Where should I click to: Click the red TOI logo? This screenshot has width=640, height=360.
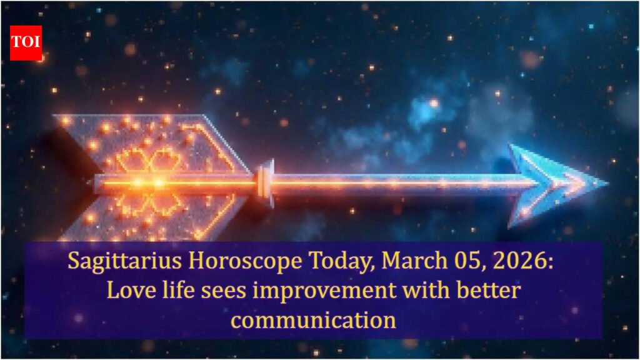[x=26, y=43]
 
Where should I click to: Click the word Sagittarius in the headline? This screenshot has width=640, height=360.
[x=124, y=261]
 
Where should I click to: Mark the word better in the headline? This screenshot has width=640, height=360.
[x=488, y=290]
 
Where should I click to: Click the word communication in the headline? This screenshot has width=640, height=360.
[x=313, y=320]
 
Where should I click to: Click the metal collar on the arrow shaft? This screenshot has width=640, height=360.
[x=264, y=183]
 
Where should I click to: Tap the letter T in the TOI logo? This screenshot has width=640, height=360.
[x=17, y=42]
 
